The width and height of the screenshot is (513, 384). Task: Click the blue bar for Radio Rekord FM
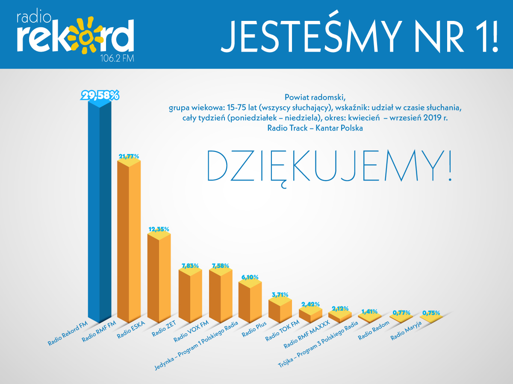pos(99,213)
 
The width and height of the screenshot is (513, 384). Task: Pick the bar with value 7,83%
pos(190,297)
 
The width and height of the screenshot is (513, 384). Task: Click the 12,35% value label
pos(159,229)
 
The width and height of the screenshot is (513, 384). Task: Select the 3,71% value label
pos(280,294)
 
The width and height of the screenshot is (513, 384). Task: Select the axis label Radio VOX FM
pos(191,332)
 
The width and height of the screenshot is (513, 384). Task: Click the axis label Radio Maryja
pos(406,332)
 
